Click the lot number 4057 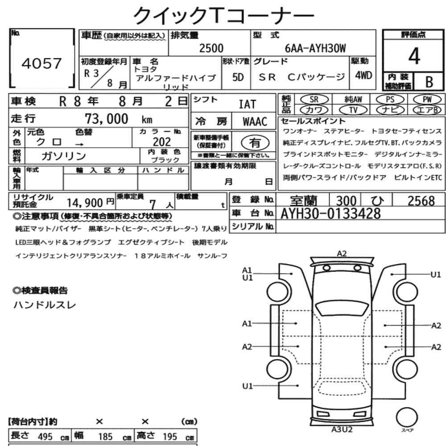[x=41, y=63]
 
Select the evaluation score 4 [x=414, y=56]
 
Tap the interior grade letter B [x=429, y=82]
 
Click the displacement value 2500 [x=211, y=48]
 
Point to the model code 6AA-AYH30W [x=315, y=48]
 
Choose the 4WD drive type [x=363, y=75]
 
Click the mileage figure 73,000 [x=107, y=119]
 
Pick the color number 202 [x=162, y=142]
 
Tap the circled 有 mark [x=255, y=143]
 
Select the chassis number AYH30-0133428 [x=330, y=214]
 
